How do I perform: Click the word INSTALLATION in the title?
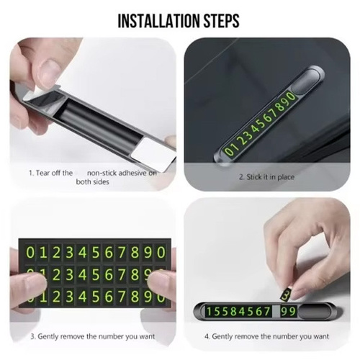pyautogui.click(x=159, y=21)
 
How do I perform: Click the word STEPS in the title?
pyautogui.click(x=222, y=21)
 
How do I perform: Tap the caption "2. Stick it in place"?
pyautogui.click(x=266, y=177)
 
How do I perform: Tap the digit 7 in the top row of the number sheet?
pyautogui.click(x=122, y=253)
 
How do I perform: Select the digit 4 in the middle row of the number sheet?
pyautogui.click(x=83, y=274)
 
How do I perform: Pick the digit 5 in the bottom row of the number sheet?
pyautogui.click(x=96, y=297)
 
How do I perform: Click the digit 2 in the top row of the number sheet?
pyautogui.click(x=56, y=253)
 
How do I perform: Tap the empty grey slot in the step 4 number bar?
pyautogui.click(x=276, y=312)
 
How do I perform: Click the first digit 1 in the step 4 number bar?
pyautogui.click(x=210, y=312)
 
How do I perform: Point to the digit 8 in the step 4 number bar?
pyautogui.click(x=233, y=312)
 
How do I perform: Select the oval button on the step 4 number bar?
pyautogui.click(x=314, y=312)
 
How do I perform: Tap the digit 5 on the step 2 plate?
pyautogui.click(x=262, y=122)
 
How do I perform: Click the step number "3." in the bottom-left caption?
pyautogui.click(x=33, y=336)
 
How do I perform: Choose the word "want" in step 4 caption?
pyautogui.click(x=321, y=336)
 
